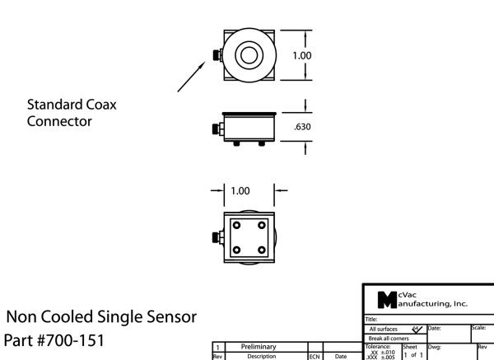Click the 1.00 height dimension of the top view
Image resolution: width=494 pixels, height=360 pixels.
[x=302, y=55]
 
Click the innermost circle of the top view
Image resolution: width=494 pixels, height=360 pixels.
[x=248, y=56]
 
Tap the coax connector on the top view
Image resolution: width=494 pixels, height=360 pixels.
[x=216, y=55]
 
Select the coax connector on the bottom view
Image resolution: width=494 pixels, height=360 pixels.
[x=216, y=239]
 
